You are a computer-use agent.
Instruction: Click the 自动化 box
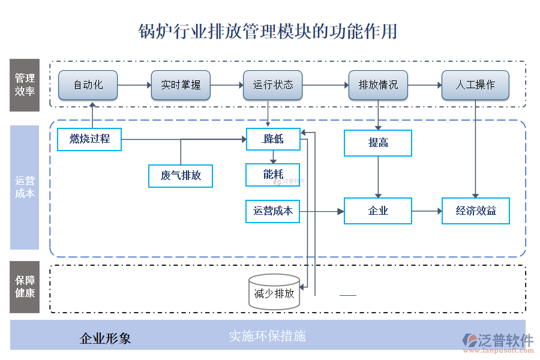coord(88,85)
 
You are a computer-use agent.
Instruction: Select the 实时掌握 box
coord(181,85)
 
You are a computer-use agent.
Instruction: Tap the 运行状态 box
coord(273,85)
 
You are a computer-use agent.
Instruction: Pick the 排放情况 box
coord(378,85)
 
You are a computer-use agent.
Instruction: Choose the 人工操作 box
coord(475,85)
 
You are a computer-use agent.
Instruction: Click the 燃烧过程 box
coord(89,139)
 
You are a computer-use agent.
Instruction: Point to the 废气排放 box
coord(181,176)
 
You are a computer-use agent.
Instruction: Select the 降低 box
coord(273,139)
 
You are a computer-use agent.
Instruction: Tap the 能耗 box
coord(273,175)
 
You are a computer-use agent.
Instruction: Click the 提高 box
coord(378,143)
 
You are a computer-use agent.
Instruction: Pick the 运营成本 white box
coord(273,211)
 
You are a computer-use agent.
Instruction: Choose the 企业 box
coord(378,211)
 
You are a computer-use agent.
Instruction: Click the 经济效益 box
coord(475,211)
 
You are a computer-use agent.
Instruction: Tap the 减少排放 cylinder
coord(274,293)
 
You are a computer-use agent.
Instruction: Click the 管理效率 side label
coord(25,85)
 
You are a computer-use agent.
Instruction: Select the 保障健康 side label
coord(25,287)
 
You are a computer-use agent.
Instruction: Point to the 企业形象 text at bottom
coord(106,338)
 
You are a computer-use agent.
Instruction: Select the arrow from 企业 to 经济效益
coord(427,211)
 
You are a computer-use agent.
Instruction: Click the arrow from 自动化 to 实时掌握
coord(134,85)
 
